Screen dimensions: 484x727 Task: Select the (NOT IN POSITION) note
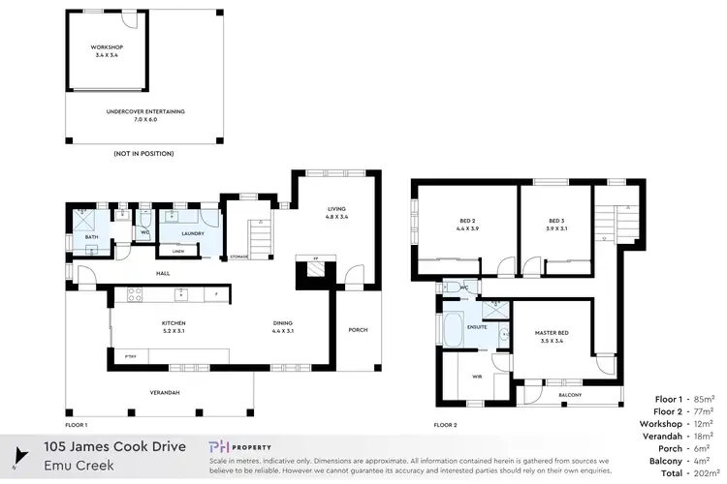pyautogui.click(x=144, y=154)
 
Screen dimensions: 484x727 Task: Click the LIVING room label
pyautogui.click(x=336, y=212)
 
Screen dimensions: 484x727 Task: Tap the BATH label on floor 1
pyautogui.click(x=91, y=237)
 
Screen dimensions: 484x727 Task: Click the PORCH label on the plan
pyautogui.click(x=358, y=329)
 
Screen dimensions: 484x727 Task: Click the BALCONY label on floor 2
pyautogui.click(x=570, y=395)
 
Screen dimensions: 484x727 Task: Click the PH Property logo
pyautogui.click(x=242, y=447)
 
